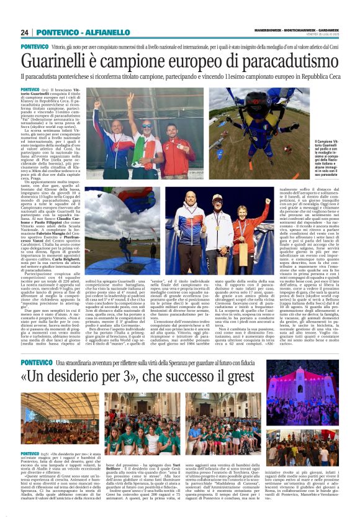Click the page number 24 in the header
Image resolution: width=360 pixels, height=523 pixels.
24,32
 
